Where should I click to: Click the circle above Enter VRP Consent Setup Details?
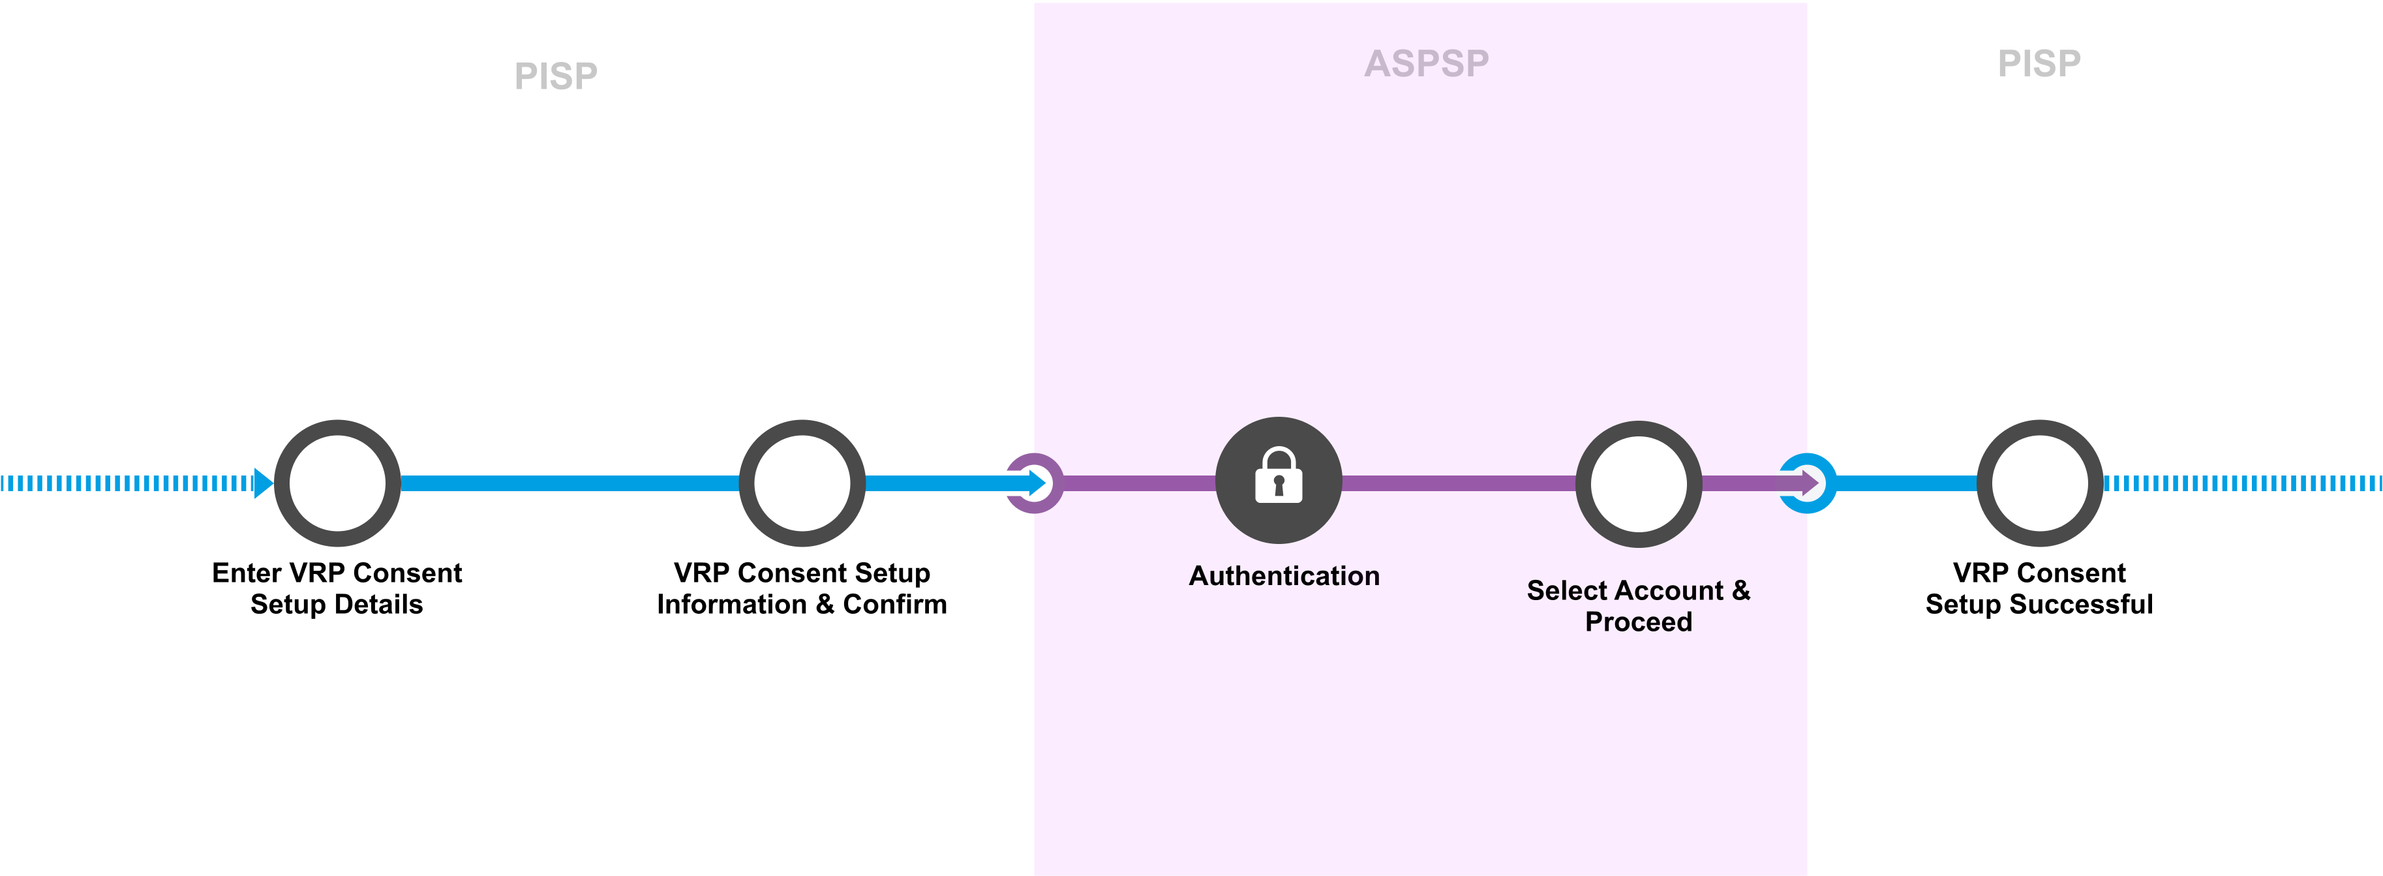tap(338, 483)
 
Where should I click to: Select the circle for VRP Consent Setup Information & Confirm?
tap(802, 483)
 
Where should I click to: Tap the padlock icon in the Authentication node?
tap(1279, 476)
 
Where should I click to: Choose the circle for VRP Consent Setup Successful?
tap(2040, 483)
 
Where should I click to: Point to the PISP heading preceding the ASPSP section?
tap(556, 76)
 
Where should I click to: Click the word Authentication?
tap(1284, 577)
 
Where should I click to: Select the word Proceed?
tap(1638, 622)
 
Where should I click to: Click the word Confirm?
tap(894, 605)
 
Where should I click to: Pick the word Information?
tap(732, 605)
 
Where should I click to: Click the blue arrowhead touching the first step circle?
tap(263, 483)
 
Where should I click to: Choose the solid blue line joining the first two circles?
tap(569, 483)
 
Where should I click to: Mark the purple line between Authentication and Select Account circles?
tap(1459, 483)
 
